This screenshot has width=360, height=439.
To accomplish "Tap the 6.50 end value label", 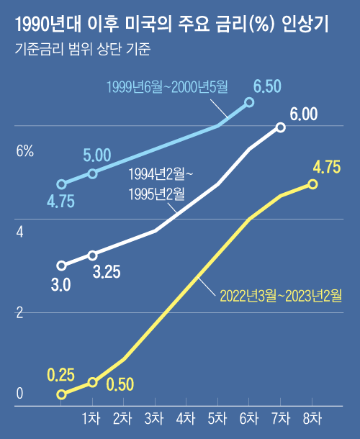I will (267, 87).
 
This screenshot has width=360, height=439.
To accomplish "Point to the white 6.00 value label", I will (304, 114).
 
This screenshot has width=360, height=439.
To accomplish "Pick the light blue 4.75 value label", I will (60, 202).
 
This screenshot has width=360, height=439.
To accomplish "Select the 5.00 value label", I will (96, 155).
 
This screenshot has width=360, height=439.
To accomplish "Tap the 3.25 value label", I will (107, 272).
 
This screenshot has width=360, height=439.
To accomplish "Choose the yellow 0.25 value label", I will (60, 375).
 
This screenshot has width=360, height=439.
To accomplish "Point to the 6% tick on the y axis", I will (25, 151).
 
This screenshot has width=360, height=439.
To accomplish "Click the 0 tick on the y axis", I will (20, 394).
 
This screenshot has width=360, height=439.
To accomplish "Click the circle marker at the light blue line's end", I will (250, 102).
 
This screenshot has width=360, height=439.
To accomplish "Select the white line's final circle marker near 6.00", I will (281, 127).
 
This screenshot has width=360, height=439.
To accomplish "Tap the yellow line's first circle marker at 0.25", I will (61, 394).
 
